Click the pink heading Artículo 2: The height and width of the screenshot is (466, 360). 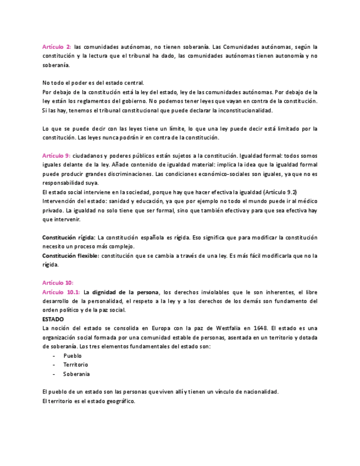click(56, 47)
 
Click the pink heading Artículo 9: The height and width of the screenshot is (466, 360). click(56, 156)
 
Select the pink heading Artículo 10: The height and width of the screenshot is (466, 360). click(58, 282)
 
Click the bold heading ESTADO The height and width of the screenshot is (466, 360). click(53, 319)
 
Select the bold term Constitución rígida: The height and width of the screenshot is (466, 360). click(69, 237)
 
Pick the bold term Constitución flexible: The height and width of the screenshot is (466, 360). click(70, 256)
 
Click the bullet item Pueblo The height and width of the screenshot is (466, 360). click(72, 356)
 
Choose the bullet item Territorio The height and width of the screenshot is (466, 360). click(75, 364)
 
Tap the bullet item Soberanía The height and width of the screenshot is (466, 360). click(76, 374)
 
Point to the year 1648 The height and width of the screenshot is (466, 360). click(260, 328)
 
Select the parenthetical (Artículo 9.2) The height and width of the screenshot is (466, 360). click(280, 192)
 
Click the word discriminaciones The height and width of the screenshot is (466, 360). click(126, 174)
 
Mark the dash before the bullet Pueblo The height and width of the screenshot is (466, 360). click(54, 356)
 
